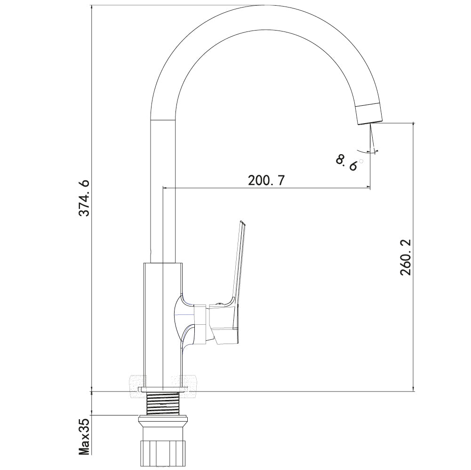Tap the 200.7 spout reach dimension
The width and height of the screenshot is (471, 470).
click(266, 180)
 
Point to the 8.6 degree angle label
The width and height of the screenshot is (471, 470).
click(348, 162)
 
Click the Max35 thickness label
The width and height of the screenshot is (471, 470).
click(84, 439)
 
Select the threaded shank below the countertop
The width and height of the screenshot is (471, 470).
click(162, 403)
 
